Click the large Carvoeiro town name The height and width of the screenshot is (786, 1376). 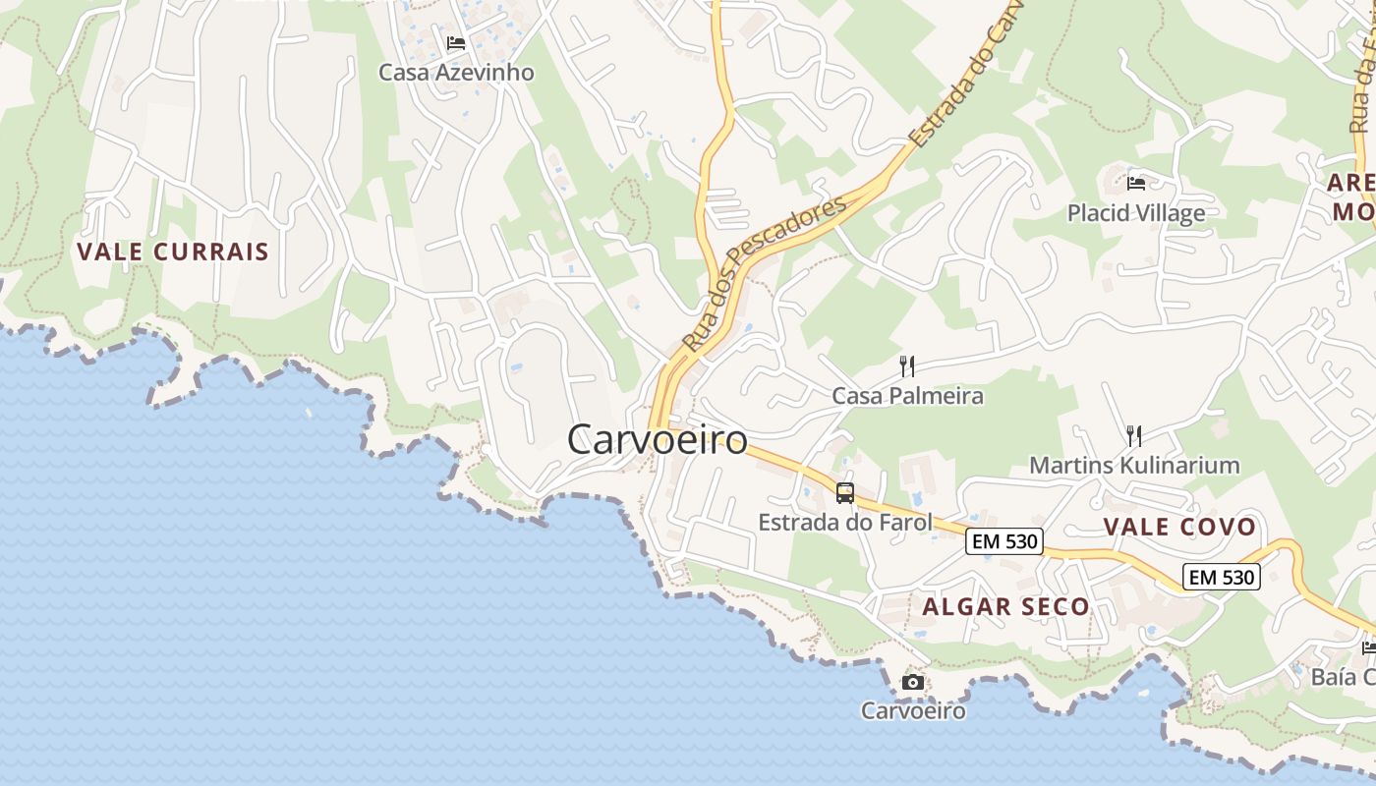point(657,439)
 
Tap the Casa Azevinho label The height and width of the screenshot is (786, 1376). point(456,72)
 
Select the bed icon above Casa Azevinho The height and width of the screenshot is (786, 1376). point(455,43)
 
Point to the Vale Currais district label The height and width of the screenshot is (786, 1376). point(173,252)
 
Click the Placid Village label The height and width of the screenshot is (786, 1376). point(1136,212)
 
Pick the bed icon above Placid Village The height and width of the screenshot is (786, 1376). point(1136,183)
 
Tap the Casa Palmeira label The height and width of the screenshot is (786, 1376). point(907,396)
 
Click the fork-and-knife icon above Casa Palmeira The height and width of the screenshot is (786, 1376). point(907,366)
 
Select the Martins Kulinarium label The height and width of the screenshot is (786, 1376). point(1134,465)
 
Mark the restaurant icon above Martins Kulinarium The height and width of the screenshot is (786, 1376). point(1133,435)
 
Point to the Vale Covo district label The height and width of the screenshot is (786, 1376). point(1179,527)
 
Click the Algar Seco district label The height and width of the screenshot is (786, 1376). point(1005,607)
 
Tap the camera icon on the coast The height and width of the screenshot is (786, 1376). point(913,682)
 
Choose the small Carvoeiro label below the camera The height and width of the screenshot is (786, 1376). point(913,710)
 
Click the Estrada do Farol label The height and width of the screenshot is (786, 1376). point(844,522)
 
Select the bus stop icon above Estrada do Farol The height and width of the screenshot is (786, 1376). point(845,493)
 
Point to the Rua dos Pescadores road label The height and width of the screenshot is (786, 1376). point(765,273)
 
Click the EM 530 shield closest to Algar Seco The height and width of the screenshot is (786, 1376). point(1003,541)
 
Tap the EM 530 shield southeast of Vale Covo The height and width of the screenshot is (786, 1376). point(1222,577)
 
